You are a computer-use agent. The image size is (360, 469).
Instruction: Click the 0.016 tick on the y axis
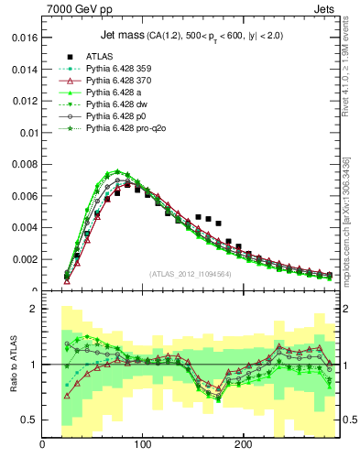(22, 39)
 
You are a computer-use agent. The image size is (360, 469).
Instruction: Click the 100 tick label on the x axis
(143, 445)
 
